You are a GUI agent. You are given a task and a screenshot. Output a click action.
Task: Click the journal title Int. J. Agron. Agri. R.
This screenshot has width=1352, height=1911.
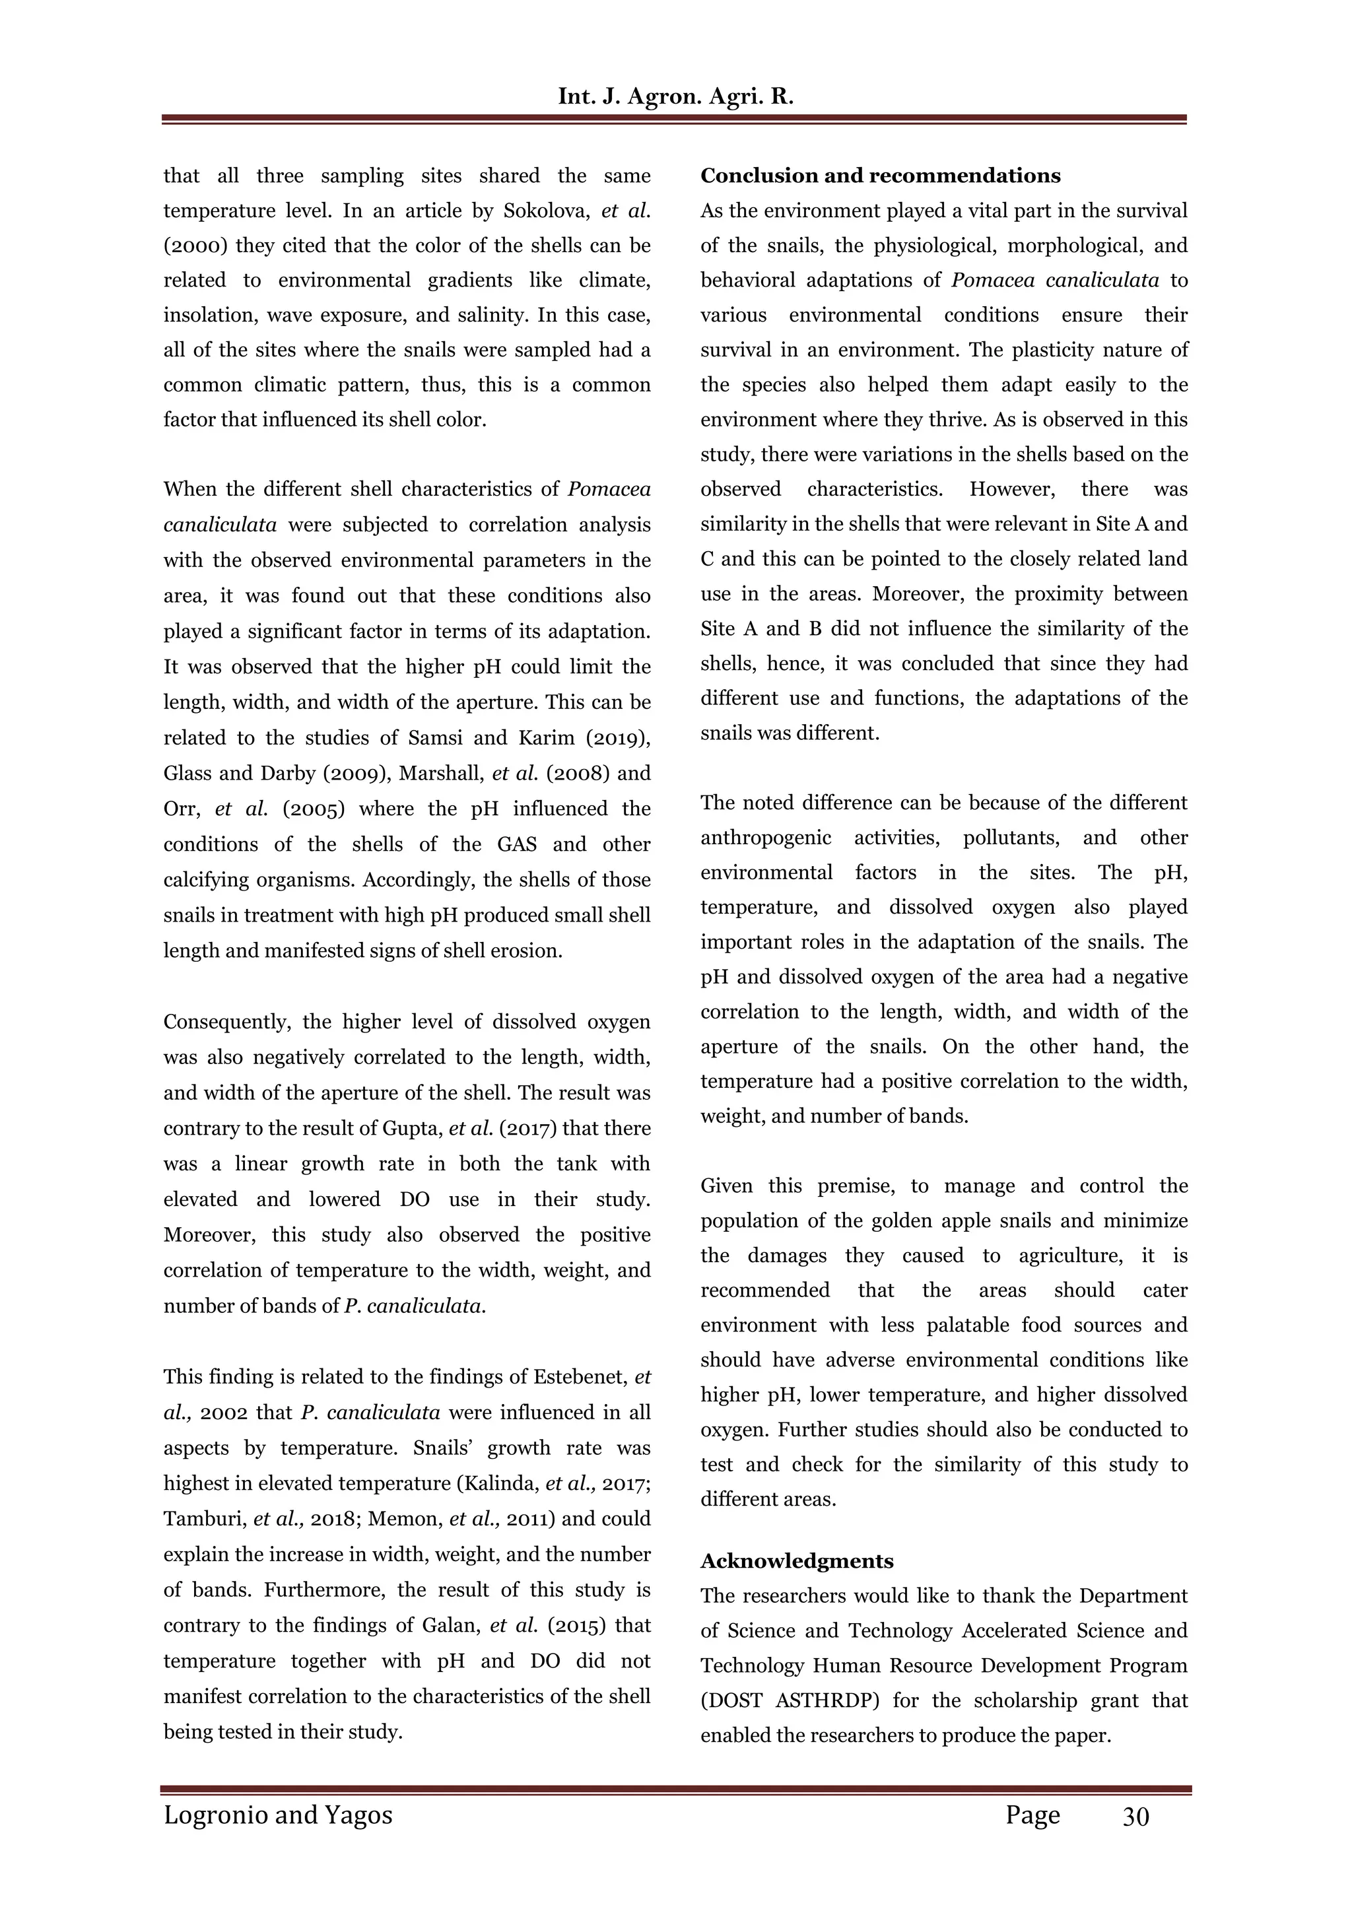click(x=675, y=96)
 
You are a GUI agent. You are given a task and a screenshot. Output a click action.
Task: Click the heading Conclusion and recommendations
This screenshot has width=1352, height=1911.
click(x=880, y=176)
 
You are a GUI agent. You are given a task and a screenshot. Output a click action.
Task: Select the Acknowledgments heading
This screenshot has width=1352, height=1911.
click(x=797, y=1560)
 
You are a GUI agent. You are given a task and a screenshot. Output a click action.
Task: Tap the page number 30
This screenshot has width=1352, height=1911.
click(x=1135, y=1816)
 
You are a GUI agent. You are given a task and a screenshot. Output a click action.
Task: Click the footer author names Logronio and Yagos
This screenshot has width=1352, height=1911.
click(x=278, y=1815)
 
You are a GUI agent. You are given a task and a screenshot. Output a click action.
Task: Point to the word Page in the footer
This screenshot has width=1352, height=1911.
click(x=1032, y=1815)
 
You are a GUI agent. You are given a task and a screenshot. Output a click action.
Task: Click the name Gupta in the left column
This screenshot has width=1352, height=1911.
click(x=415, y=1129)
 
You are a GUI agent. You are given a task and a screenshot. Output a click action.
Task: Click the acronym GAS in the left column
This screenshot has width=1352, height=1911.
click(x=516, y=844)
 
